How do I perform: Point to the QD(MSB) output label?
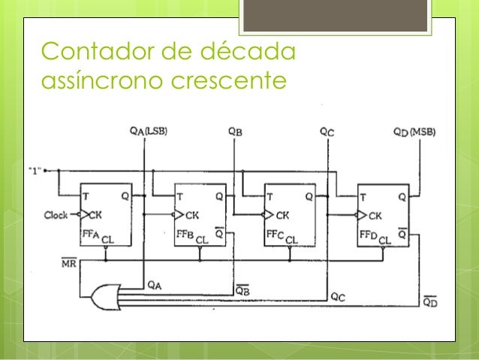tap(414, 132)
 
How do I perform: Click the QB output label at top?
tap(235, 132)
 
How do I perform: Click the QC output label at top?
tap(327, 132)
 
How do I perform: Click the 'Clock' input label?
tap(56, 215)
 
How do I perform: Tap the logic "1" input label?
tap(35, 171)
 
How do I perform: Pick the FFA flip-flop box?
tap(106, 216)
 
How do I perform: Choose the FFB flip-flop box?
tap(199, 216)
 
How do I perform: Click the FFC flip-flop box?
tap(290, 216)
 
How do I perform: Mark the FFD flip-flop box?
tap(383, 216)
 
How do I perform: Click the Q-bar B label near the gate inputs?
tap(243, 289)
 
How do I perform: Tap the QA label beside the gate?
tap(153, 285)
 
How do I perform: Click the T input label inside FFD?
tap(364, 197)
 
